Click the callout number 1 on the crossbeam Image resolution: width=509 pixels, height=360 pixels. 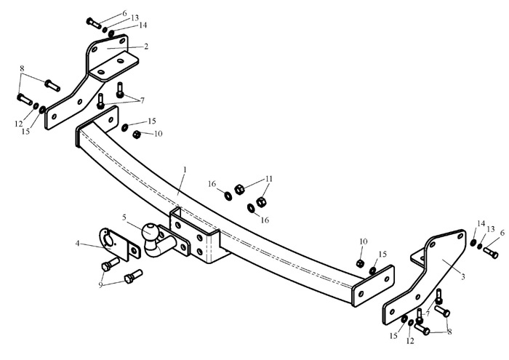pyautogui.click(x=185, y=169)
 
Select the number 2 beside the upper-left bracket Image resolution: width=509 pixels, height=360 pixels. pyautogui.click(x=146, y=47)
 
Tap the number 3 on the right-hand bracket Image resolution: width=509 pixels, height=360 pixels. pyautogui.click(x=463, y=277)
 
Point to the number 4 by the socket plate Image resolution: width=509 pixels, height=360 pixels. pyautogui.click(x=77, y=243)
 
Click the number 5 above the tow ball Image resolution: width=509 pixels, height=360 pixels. pyautogui.click(x=124, y=217)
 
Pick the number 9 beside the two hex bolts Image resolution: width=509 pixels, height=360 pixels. pyautogui.click(x=100, y=285)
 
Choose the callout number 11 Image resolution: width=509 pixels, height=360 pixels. pyautogui.click(x=269, y=179)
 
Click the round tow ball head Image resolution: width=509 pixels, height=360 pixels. pyautogui.click(x=150, y=230)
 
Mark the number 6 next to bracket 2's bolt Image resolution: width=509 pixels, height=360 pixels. pyautogui.click(x=124, y=13)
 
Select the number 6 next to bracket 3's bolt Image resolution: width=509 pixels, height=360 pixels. pyautogui.click(x=502, y=233)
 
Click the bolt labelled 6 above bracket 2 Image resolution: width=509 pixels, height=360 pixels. pyautogui.click(x=94, y=23)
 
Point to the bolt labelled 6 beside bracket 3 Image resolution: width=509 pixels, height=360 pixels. pyautogui.click(x=490, y=252)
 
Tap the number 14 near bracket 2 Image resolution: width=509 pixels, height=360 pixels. pyautogui.click(x=143, y=25)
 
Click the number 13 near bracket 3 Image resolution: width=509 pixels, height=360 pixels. pyautogui.click(x=491, y=229)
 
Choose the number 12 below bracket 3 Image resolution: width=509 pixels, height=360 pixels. pyautogui.click(x=410, y=341)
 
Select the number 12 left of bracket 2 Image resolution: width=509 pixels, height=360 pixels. pyautogui.click(x=18, y=124)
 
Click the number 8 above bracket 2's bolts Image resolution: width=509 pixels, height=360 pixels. pyautogui.click(x=22, y=68)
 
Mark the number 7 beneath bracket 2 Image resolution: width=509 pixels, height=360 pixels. pyautogui.click(x=143, y=101)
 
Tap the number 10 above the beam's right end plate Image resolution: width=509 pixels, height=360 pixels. pyautogui.click(x=364, y=241)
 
